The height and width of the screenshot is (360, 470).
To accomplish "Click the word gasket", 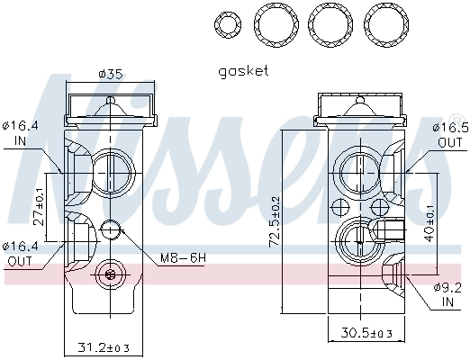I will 243,70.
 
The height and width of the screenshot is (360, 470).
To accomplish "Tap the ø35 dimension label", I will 109,74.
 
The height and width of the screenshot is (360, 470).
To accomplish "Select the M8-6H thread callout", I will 183,258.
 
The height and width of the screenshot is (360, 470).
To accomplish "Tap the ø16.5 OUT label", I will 451,135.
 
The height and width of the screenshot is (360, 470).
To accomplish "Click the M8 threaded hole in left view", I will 111,229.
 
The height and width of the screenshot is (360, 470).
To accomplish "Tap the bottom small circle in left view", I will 111,274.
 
